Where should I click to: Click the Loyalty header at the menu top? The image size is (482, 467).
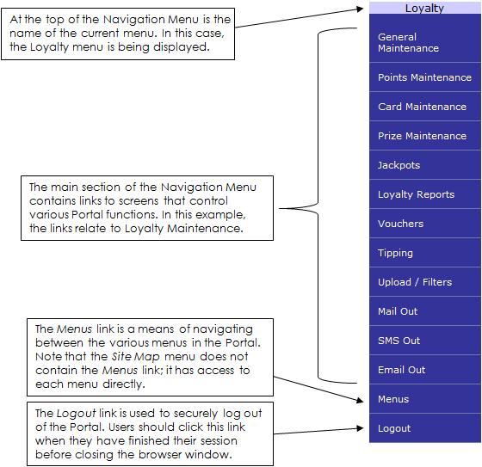(424, 9)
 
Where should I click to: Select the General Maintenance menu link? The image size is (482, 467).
(408, 42)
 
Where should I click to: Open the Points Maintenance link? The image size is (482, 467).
(424, 77)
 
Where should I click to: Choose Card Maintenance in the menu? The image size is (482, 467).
(422, 107)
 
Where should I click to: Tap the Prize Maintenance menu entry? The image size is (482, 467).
(422, 136)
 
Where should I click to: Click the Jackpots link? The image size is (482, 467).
(399, 165)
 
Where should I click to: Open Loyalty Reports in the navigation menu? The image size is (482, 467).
(416, 194)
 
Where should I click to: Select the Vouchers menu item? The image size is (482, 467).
(400, 224)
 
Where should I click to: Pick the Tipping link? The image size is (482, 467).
(395, 253)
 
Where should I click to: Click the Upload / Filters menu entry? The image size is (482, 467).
(415, 282)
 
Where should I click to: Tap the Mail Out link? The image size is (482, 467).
(398, 311)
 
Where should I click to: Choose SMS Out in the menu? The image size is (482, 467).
(399, 341)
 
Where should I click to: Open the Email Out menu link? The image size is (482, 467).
(401, 370)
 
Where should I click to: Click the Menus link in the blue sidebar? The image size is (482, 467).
(393, 399)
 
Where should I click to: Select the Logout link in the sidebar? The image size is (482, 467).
(394, 428)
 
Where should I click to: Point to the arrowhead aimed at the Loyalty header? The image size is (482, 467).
(360, 9)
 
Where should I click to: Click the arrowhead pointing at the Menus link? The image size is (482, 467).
(360, 400)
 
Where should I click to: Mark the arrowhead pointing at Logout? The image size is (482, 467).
(360, 428)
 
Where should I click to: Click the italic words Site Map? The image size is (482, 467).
(136, 357)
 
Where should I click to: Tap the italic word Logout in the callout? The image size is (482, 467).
(76, 414)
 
